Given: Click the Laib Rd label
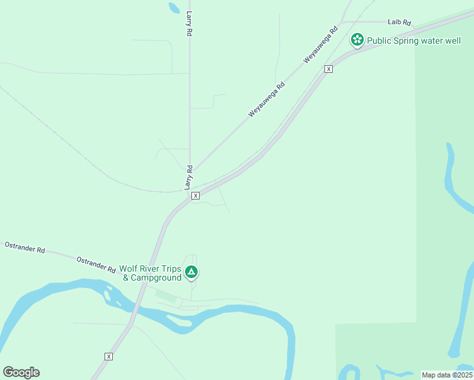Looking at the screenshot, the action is coord(400,23).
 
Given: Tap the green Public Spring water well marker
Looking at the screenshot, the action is coord(357,41).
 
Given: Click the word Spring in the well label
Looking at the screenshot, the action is coord(406,41).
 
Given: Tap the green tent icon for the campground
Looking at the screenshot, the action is coord(191,272).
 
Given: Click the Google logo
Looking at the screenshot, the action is coord(21,372).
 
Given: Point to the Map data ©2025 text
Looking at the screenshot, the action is coord(447,375).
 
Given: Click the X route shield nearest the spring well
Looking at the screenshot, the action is coord(328,68).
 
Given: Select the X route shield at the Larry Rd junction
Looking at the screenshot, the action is coord(195,196).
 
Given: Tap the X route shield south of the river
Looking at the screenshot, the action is coord(109,357).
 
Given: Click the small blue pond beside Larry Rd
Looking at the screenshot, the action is coord(174,8).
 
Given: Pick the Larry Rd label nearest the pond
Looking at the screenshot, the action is coord(189,23).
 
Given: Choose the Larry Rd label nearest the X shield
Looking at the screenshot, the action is coord(188,177).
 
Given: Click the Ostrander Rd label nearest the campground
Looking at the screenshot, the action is coord(96,264).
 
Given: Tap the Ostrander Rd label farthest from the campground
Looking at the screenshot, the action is coord(24,247).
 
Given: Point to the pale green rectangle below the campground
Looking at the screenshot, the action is coord(166,296).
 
